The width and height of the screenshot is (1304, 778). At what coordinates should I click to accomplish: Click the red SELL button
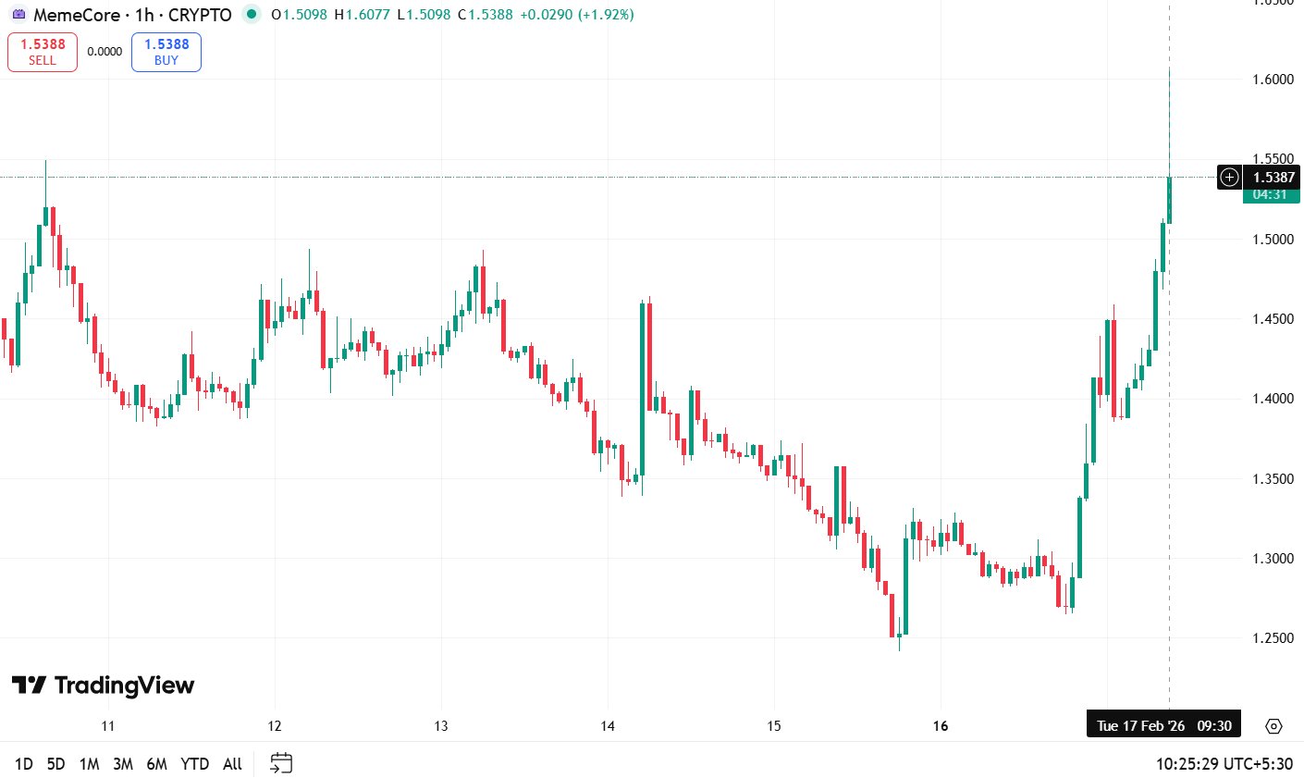point(43,52)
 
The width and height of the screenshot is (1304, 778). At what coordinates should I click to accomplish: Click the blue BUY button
point(166,52)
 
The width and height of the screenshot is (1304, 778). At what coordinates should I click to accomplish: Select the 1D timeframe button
point(24,764)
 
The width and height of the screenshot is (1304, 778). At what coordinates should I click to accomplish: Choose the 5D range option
point(56,764)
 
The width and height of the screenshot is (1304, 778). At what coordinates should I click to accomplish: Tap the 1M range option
point(89,764)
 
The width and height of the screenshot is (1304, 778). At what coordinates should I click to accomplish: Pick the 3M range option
point(123,764)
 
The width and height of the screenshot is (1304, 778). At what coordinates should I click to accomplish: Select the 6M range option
point(157,764)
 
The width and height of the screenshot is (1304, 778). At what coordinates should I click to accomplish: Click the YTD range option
point(194,764)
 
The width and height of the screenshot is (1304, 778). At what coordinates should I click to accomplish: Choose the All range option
point(232,764)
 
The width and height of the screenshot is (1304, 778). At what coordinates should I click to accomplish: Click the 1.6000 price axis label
point(1273,80)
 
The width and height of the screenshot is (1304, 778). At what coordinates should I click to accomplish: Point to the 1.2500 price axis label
point(1273,638)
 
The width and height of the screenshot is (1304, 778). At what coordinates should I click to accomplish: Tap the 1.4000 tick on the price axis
point(1273,399)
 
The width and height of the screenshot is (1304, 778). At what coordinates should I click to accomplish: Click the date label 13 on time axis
point(441,726)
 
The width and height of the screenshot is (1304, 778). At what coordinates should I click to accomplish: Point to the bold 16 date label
point(941,726)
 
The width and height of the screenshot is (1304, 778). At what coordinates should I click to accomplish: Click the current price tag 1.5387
point(1273,178)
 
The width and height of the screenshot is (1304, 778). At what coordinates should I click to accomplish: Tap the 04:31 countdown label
point(1271,194)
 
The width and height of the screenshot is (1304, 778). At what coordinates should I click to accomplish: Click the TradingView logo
point(104,685)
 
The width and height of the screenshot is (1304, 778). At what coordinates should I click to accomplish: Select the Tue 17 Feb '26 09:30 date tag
point(1163,726)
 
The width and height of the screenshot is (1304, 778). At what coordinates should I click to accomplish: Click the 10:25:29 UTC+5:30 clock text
point(1224,764)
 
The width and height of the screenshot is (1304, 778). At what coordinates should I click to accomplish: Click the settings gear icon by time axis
point(1273,726)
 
